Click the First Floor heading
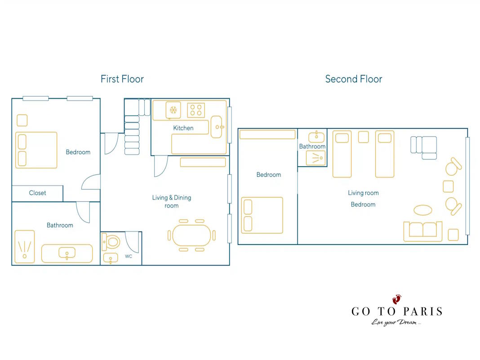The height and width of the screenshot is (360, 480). click(x=122, y=79)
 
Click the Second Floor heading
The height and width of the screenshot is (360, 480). click(x=354, y=79)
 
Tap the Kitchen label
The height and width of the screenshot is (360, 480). click(x=183, y=128)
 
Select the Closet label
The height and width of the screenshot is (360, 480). click(x=37, y=193)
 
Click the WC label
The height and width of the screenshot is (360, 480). click(x=129, y=256)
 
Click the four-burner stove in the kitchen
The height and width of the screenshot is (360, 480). click(x=196, y=110)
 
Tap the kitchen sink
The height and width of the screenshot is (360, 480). click(x=217, y=127)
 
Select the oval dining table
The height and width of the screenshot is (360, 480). click(x=191, y=235)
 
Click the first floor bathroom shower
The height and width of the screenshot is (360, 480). click(x=24, y=247)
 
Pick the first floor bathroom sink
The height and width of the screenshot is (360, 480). click(x=67, y=253)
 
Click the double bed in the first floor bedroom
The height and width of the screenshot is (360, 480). click(x=36, y=150)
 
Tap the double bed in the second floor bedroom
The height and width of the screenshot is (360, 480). click(x=262, y=215)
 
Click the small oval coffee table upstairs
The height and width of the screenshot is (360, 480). click(x=423, y=210)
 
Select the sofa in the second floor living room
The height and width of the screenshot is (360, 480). click(x=423, y=231)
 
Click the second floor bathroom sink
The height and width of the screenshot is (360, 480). click(x=316, y=137)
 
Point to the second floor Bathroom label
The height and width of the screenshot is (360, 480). click(x=312, y=147)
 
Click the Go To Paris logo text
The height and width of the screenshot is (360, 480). click(x=397, y=311)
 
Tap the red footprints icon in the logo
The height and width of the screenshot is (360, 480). click(x=397, y=299)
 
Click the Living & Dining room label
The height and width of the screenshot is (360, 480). click(x=171, y=201)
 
